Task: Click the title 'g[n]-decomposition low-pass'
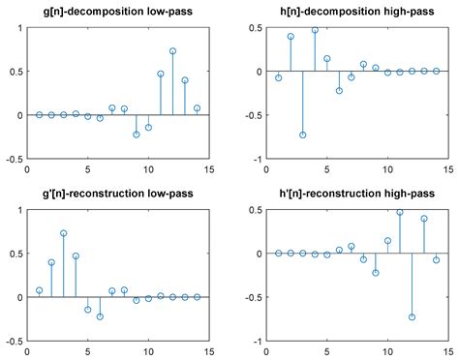pos(118,12)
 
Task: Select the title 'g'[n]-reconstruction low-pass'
pos(118,194)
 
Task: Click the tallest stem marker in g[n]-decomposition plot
pos(172,51)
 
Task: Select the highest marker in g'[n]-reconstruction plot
pos(63,233)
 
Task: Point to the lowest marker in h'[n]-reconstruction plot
pos(412,316)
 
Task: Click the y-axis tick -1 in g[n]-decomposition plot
pos(15,159)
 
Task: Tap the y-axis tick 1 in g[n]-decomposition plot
pos(18,28)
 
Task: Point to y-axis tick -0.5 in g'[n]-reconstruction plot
pos(13,341)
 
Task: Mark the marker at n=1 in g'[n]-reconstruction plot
pos(39,290)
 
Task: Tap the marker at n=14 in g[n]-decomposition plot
pos(197,108)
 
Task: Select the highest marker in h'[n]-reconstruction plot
pos(399,212)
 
